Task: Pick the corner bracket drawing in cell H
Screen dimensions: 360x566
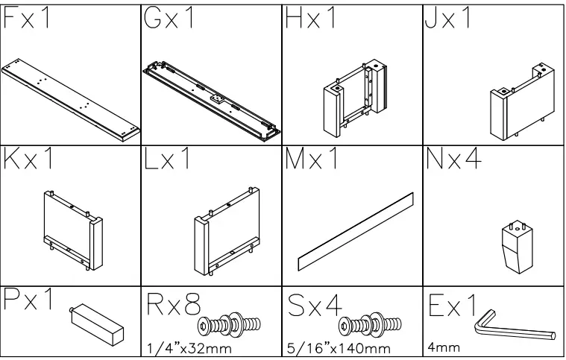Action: (x=354, y=100)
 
